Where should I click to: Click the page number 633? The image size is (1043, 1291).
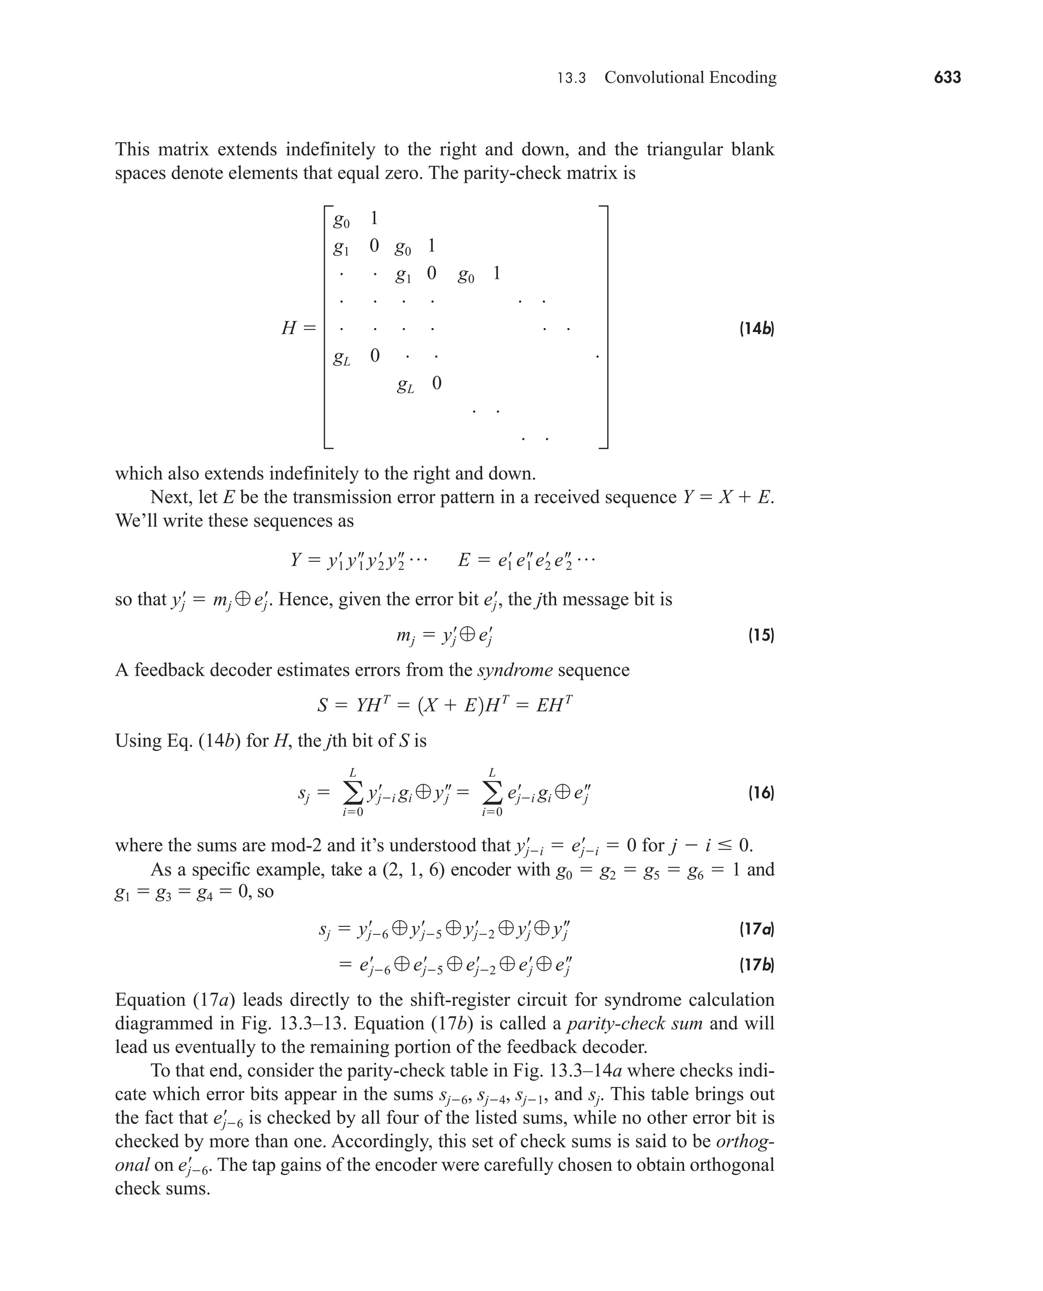pyautogui.click(x=947, y=77)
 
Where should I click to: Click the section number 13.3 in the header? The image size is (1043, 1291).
pyautogui.click(x=571, y=78)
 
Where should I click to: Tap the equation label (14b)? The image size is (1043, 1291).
pyautogui.click(x=756, y=328)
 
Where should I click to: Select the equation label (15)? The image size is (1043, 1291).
pyautogui.click(x=761, y=635)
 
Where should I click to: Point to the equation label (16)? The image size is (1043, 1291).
pyautogui.click(x=761, y=793)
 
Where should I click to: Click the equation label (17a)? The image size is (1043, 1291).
pyautogui.click(x=756, y=929)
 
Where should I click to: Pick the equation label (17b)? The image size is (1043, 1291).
pyautogui.click(x=756, y=966)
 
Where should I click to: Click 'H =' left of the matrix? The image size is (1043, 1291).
pyautogui.click(x=298, y=328)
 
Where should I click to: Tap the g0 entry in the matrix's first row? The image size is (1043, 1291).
pyautogui.click(x=341, y=221)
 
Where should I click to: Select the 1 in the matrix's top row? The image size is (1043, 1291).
pyautogui.click(x=374, y=218)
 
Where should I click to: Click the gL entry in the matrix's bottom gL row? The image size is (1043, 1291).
pyautogui.click(x=405, y=385)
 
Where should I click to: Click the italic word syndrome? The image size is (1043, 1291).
pyautogui.click(x=515, y=670)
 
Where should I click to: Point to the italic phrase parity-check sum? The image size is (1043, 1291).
pyautogui.click(x=635, y=1023)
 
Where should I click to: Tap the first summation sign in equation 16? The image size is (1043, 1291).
pyautogui.click(x=353, y=793)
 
